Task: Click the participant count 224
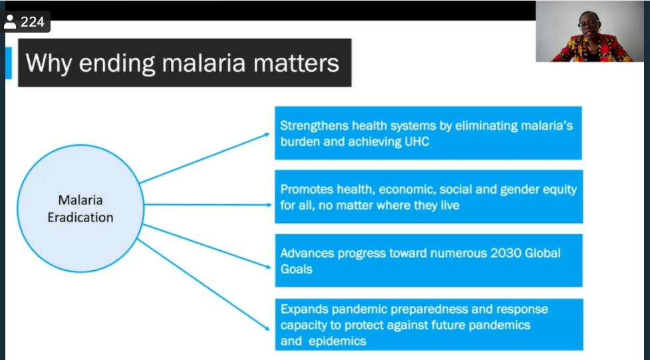click(x=33, y=21)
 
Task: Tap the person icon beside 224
click(x=9, y=22)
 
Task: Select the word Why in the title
click(x=49, y=64)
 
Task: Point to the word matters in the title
click(x=296, y=63)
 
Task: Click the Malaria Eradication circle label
click(x=81, y=209)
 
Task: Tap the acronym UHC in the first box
click(x=416, y=142)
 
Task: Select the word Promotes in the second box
click(x=307, y=190)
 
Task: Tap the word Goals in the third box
click(x=297, y=270)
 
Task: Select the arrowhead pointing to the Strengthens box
click(x=267, y=134)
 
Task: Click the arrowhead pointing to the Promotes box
click(x=269, y=204)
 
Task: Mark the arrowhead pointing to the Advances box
click(x=268, y=267)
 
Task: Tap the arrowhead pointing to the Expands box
click(x=267, y=328)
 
